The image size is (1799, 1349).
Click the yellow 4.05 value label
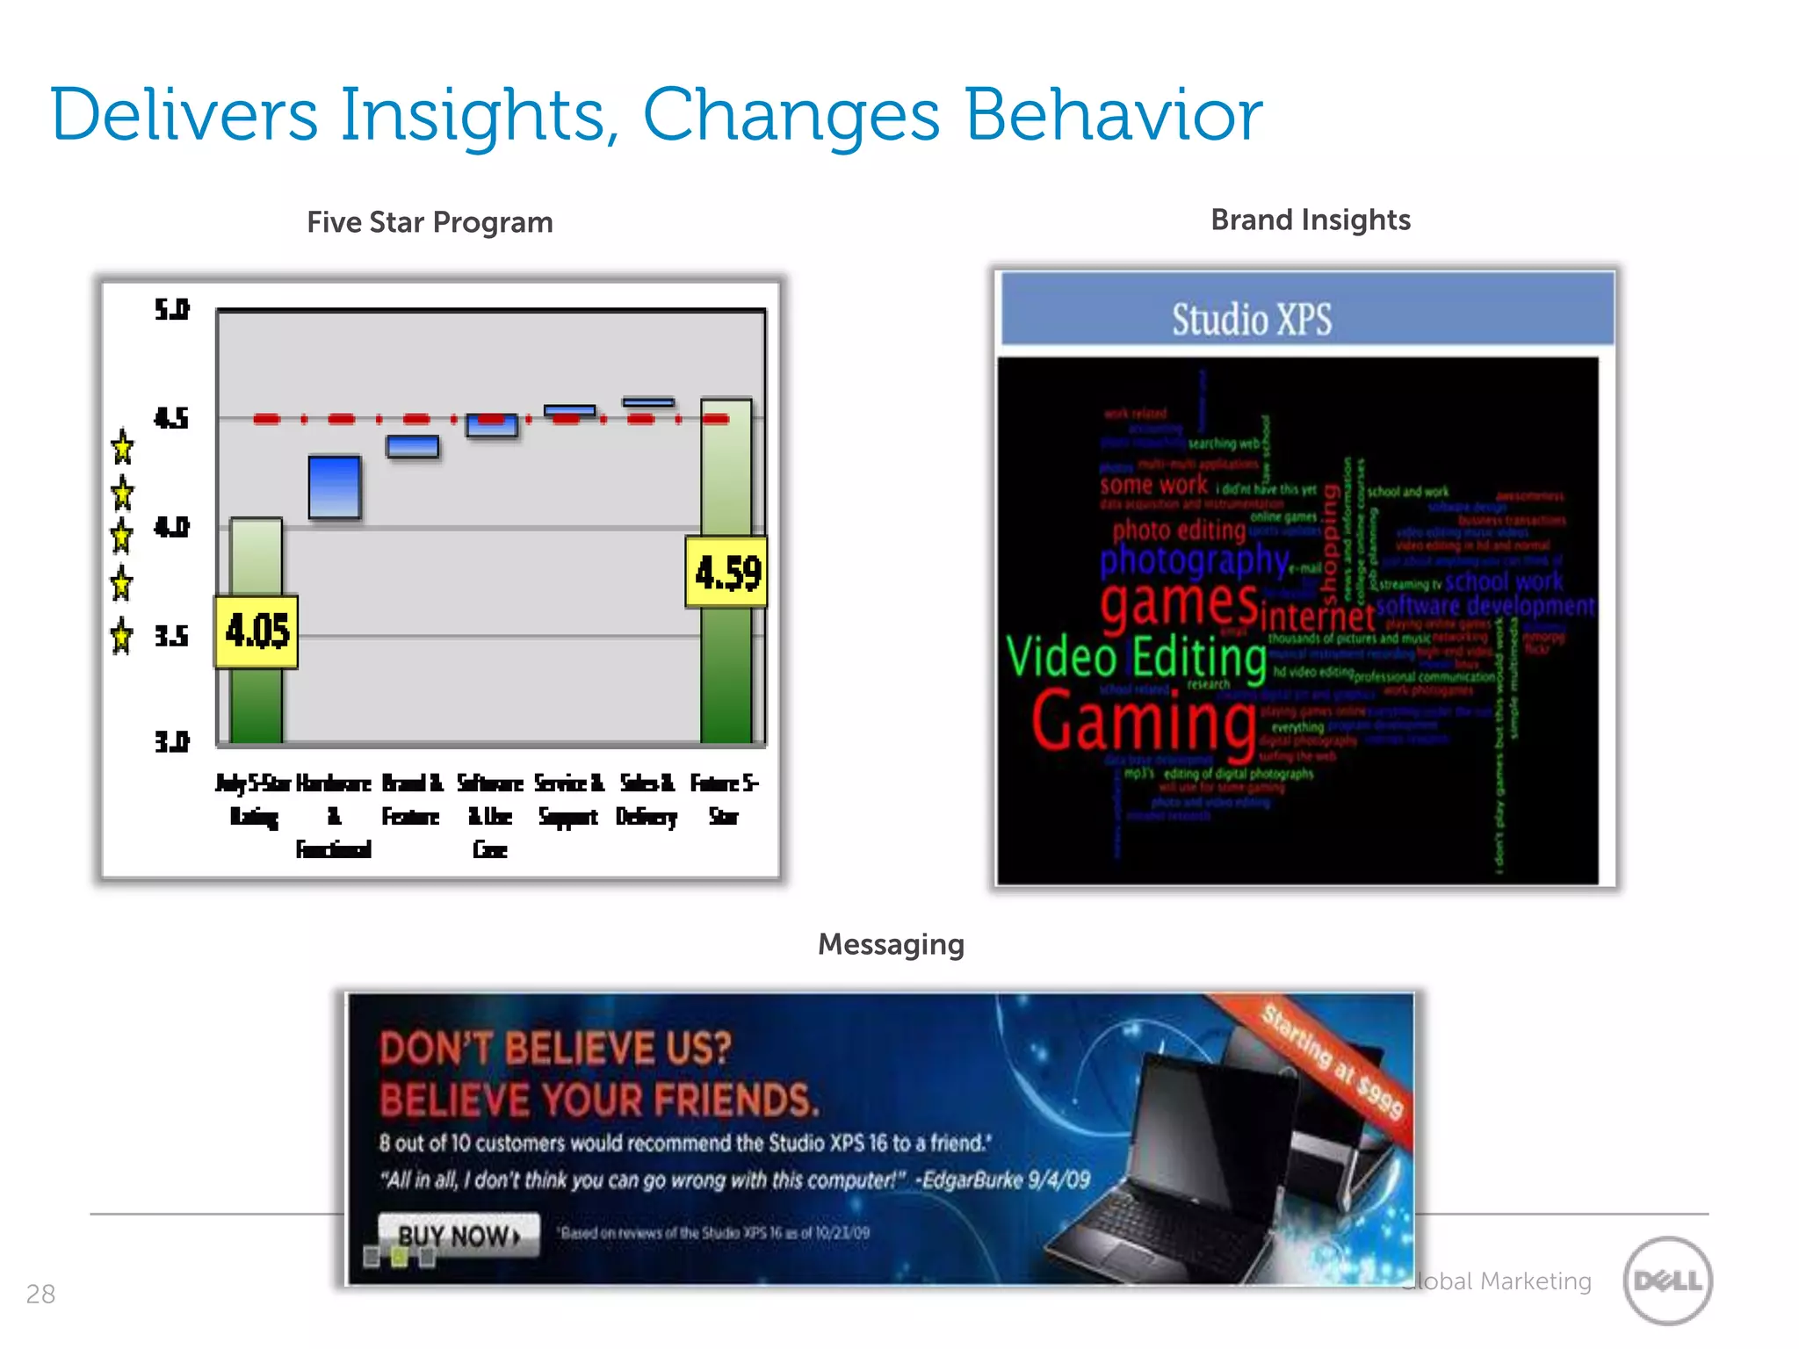(x=256, y=631)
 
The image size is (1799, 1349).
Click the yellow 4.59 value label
(x=726, y=573)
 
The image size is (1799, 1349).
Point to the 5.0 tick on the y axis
(x=171, y=309)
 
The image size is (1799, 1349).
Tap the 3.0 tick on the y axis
(x=171, y=742)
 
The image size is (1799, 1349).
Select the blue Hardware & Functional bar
(x=335, y=487)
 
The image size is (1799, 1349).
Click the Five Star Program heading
(x=430, y=222)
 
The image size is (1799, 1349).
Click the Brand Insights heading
(x=1310, y=220)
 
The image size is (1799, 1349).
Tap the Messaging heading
(x=891, y=944)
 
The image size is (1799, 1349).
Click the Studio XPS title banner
(x=1307, y=318)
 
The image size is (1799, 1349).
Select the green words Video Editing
(x=1136, y=657)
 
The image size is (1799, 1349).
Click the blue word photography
(x=1194, y=559)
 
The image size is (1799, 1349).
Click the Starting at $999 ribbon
(x=1333, y=1061)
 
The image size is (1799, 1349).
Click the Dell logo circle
(x=1667, y=1280)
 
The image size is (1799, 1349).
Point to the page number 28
(x=40, y=1294)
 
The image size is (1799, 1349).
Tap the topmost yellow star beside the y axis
(x=122, y=447)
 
